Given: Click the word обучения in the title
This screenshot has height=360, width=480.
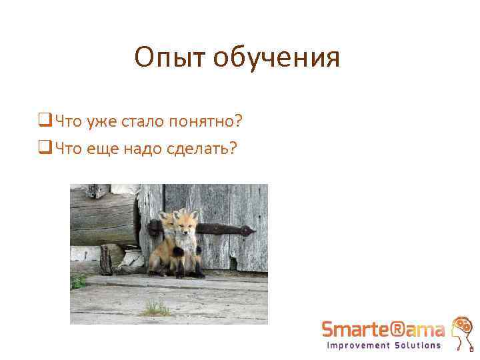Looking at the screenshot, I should click(x=277, y=58).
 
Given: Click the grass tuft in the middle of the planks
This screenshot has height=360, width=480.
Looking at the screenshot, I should click(x=155, y=309).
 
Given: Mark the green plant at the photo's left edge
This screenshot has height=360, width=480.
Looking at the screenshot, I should click(x=77, y=281).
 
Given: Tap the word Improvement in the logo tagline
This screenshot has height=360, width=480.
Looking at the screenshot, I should click(x=357, y=345).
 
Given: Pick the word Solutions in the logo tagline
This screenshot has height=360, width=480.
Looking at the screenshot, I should click(x=417, y=345).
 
